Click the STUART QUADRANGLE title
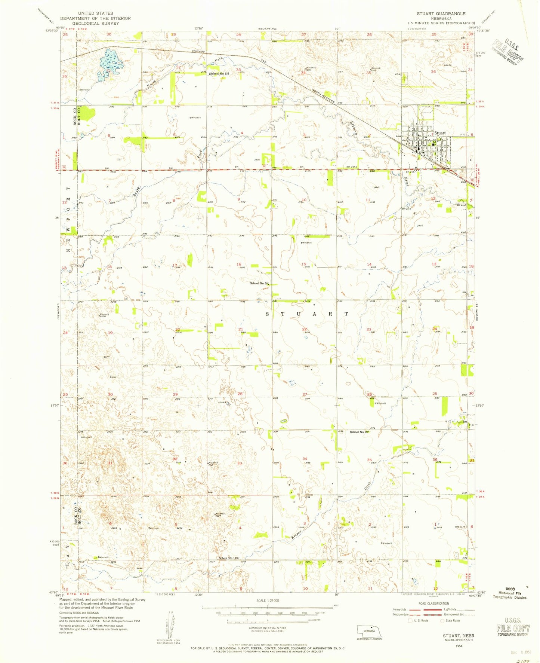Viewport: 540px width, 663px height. point(441,13)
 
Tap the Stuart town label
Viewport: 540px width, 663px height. point(440,133)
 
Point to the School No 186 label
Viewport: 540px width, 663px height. point(219,74)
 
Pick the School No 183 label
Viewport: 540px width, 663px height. point(228,558)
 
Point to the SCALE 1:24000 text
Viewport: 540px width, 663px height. point(267,601)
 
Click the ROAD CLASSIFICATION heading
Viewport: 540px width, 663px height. point(433,604)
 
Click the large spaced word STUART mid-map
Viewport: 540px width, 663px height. point(307,314)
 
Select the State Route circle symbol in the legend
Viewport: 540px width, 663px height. point(442,621)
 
